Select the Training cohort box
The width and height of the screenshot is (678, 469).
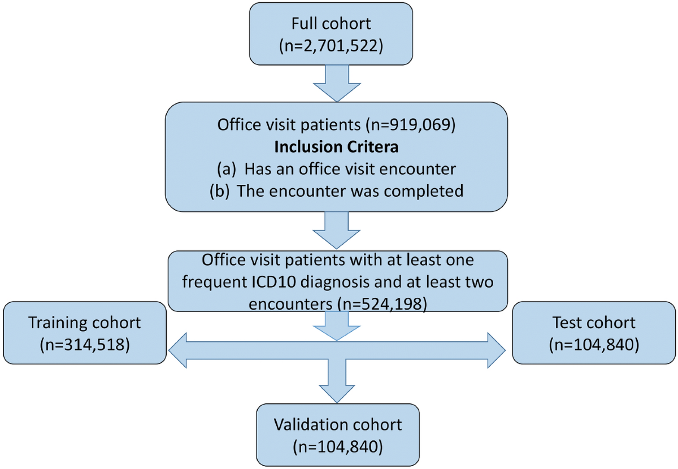pyautogui.click(x=84, y=333)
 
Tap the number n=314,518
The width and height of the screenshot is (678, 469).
pyautogui.click(x=84, y=344)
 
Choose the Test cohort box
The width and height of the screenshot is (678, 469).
pyautogui.click(x=593, y=333)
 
